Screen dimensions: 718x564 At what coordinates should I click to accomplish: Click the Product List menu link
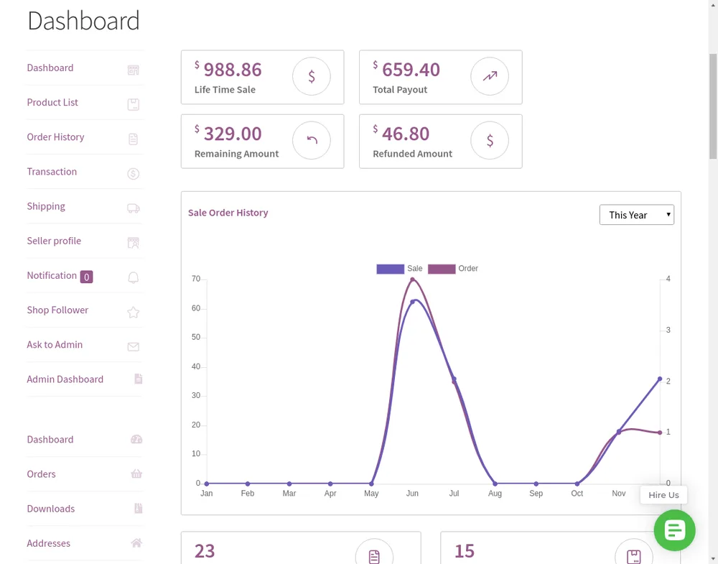pyautogui.click(x=52, y=102)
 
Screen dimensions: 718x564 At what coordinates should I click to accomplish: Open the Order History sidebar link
pyautogui.click(x=55, y=137)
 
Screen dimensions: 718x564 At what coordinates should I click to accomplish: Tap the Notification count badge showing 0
pyautogui.click(x=87, y=277)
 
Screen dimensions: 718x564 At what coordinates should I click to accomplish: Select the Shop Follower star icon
pyautogui.click(x=134, y=312)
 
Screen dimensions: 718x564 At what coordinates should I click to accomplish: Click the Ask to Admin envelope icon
pyautogui.click(x=134, y=347)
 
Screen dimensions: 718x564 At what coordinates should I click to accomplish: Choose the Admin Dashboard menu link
pyautogui.click(x=65, y=379)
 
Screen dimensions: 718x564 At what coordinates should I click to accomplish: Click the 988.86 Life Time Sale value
pyautogui.click(x=233, y=70)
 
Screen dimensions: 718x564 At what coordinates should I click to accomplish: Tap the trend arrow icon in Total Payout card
pyautogui.click(x=490, y=76)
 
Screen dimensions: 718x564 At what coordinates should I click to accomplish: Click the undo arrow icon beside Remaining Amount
pyautogui.click(x=312, y=139)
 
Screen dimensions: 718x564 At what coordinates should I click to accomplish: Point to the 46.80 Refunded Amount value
pyautogui.click(x=406, y=134)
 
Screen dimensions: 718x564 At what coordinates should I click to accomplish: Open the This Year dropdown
pyautogui.click(x=636, y=215)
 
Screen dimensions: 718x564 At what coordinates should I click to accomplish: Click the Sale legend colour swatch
pyautogui.click(x=390, y=269)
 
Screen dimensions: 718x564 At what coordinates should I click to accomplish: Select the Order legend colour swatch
pyautogui.click(x=442, y=269)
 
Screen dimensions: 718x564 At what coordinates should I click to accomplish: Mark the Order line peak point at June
pyautogui.click(x=413, y=279)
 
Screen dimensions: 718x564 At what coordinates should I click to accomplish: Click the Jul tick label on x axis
pyautogui.click(x=454, y=494)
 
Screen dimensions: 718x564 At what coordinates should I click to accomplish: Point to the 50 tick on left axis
pyautogui.click(x=196, y=337)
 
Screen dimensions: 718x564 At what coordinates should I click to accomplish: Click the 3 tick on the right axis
pyautogui.click(x=668, y=330)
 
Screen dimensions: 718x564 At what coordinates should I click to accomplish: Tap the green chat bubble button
pyautogui.click(x=674, y=530)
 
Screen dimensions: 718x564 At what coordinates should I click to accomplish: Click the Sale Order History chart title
pyautogui.click(x=228, y=213)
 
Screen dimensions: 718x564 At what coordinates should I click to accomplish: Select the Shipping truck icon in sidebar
pyautogui.click(x=134, y=208)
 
